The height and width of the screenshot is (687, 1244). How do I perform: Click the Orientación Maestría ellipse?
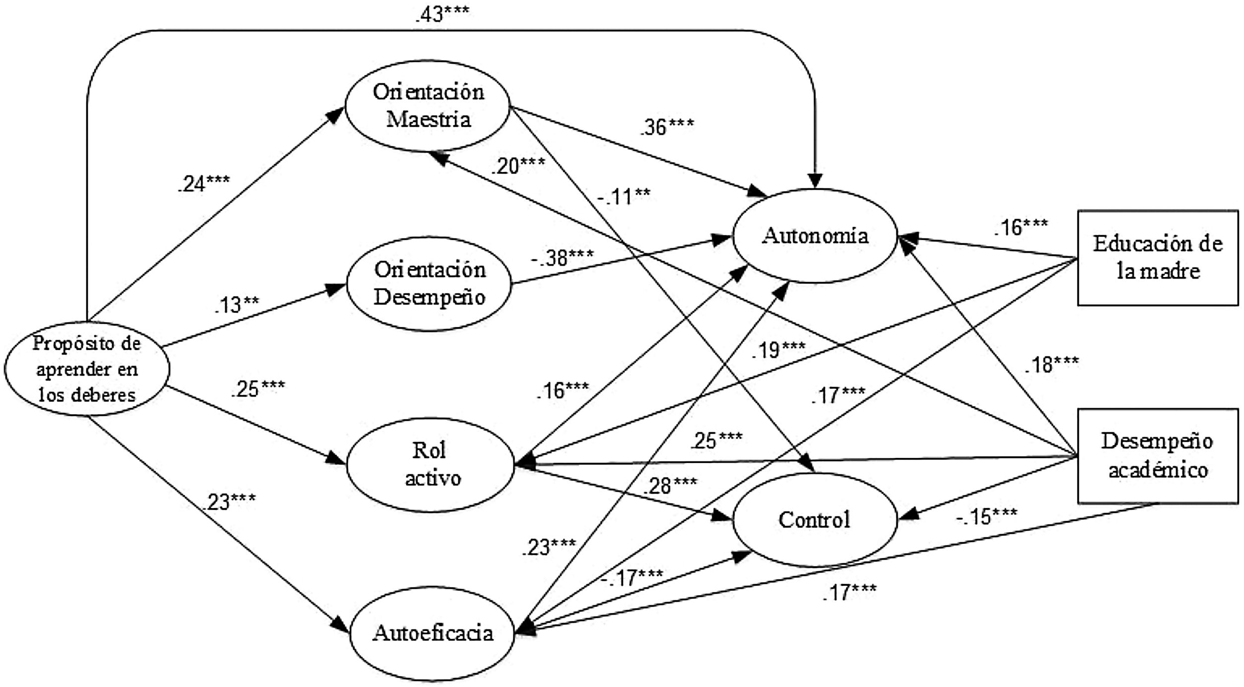(x=428, y=106)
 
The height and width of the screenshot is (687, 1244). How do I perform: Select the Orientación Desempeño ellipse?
(x=429, y=284)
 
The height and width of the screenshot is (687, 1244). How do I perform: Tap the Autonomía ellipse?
(x=815, y=236)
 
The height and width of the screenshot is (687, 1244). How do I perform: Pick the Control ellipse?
(x=814, y=520)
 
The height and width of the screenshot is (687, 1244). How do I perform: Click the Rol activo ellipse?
(x=431, y=464)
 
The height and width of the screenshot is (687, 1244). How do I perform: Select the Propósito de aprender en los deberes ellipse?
(x=87, y=369)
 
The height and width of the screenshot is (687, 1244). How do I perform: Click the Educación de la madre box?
(x=1158, y=257)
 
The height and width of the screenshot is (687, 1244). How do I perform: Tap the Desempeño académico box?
(x=1158, y=456)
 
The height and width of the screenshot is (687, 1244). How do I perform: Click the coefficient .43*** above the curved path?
(x=442, y=14)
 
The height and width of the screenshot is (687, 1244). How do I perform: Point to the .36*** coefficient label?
(x=667, y=127)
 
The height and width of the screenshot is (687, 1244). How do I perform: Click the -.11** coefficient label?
(x=623, y=196)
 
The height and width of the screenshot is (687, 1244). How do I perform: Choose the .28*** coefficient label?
(x=670, y=486)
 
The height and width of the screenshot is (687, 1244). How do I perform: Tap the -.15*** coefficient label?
(x=987, y=516)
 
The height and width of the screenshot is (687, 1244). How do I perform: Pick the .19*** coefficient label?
(x=778, y=350)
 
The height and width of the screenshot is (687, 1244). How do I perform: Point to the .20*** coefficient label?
(x=518, y=165)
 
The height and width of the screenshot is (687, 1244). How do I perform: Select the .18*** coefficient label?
(x=1052, y=365)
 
